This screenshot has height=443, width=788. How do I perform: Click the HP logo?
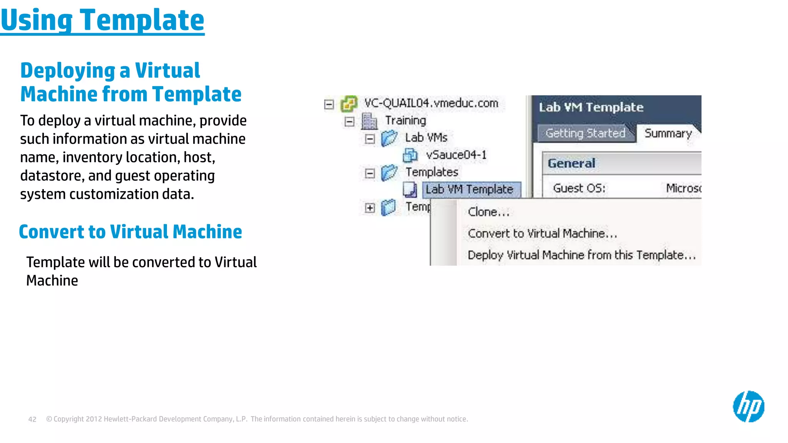[x=748, y=406]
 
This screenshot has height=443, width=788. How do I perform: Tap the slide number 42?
[x=32, y=419]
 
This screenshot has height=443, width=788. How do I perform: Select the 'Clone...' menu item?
[x=488, y=212]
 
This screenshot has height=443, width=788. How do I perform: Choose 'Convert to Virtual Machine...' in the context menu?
[x=542, y=233]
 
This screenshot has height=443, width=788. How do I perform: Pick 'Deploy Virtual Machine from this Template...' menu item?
[x=581, y=255]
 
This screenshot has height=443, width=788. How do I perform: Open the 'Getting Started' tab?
[x=585, y=133]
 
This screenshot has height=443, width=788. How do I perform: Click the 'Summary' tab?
[x=668, y=133]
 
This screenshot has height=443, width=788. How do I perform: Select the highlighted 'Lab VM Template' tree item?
[x=469, y=189]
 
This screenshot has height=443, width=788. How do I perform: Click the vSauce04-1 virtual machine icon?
[x=410, y=155]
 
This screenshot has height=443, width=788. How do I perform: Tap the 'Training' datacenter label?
[x=406, y=121]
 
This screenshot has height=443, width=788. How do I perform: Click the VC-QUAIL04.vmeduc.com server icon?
[x=349, y=104]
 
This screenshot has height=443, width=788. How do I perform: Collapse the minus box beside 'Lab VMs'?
[x=370, y=139]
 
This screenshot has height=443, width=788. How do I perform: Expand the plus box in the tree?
[x=370, y=208]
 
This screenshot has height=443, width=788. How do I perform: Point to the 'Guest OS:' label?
[x=579, y=188]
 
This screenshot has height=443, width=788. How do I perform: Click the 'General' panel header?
[x=571, y=163]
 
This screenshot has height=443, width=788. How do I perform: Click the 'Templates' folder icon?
[x=389, y=173]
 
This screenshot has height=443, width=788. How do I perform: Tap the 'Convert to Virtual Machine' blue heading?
[x=130, y=232]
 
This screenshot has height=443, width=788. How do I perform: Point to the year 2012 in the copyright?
[x=93, y=419]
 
